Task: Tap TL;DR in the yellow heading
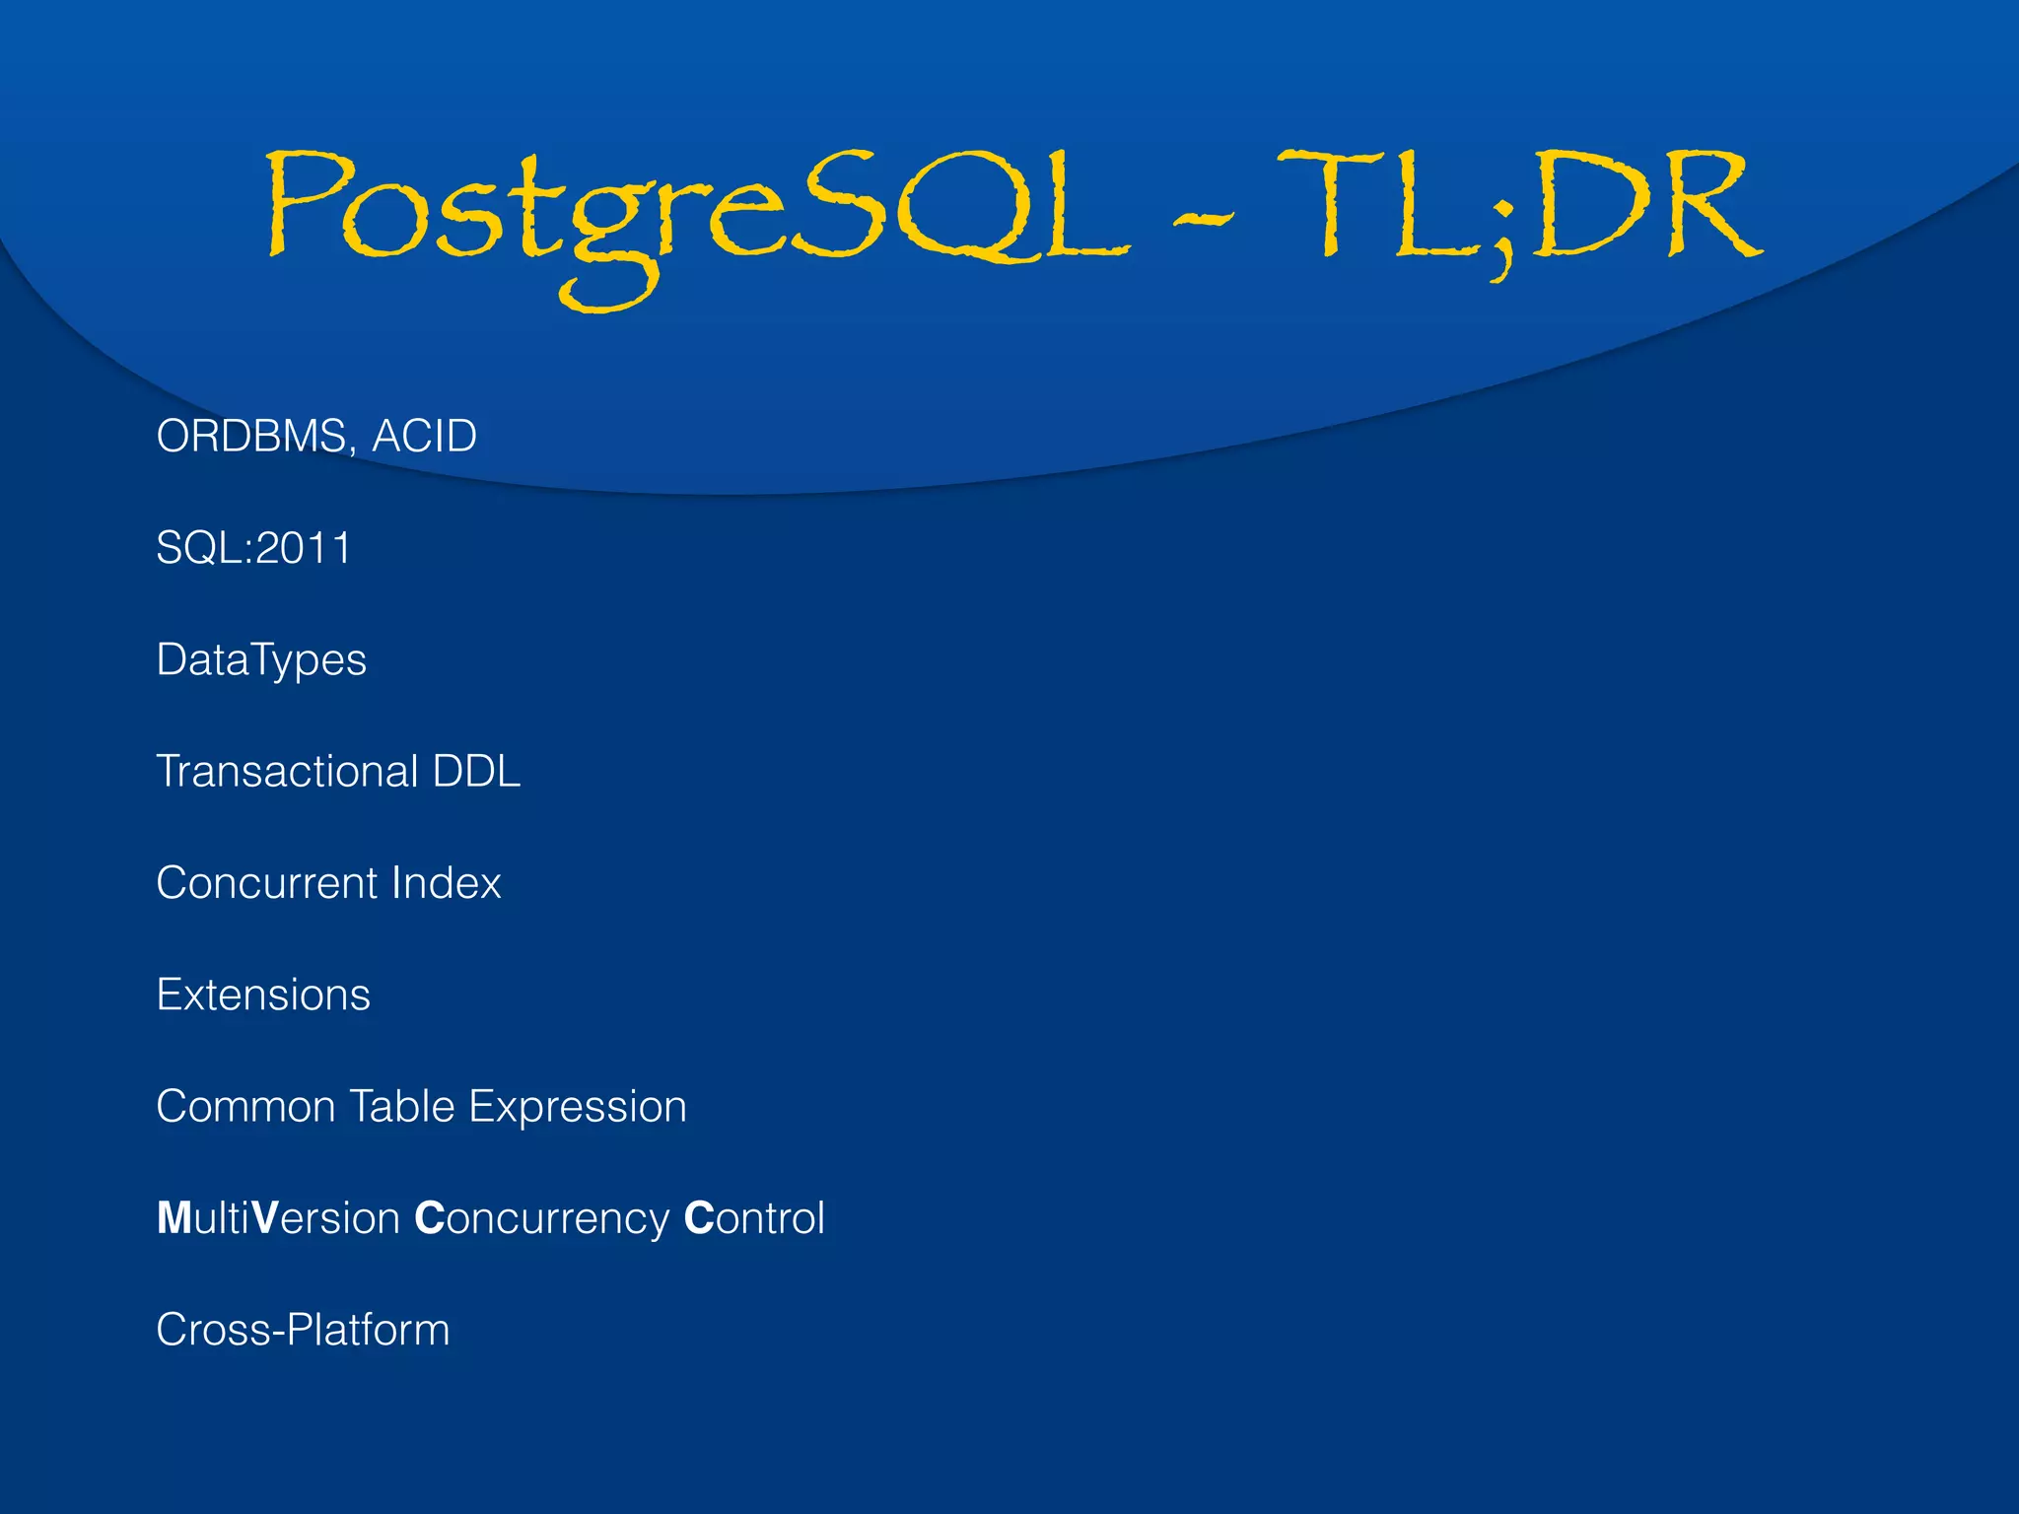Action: point(1518,207)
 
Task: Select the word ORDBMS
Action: point(249,436)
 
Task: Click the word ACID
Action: point(424,436)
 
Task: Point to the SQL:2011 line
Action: point(253,548)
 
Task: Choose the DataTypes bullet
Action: point(261,660)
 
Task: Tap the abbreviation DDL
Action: point(476,771)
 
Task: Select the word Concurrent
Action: point(267,883)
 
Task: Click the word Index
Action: point(447,883)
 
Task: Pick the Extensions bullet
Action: point(263,995)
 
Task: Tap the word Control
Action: point(754,1218)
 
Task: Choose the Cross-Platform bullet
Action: point(303,1330)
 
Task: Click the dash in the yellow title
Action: point(1203,219)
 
